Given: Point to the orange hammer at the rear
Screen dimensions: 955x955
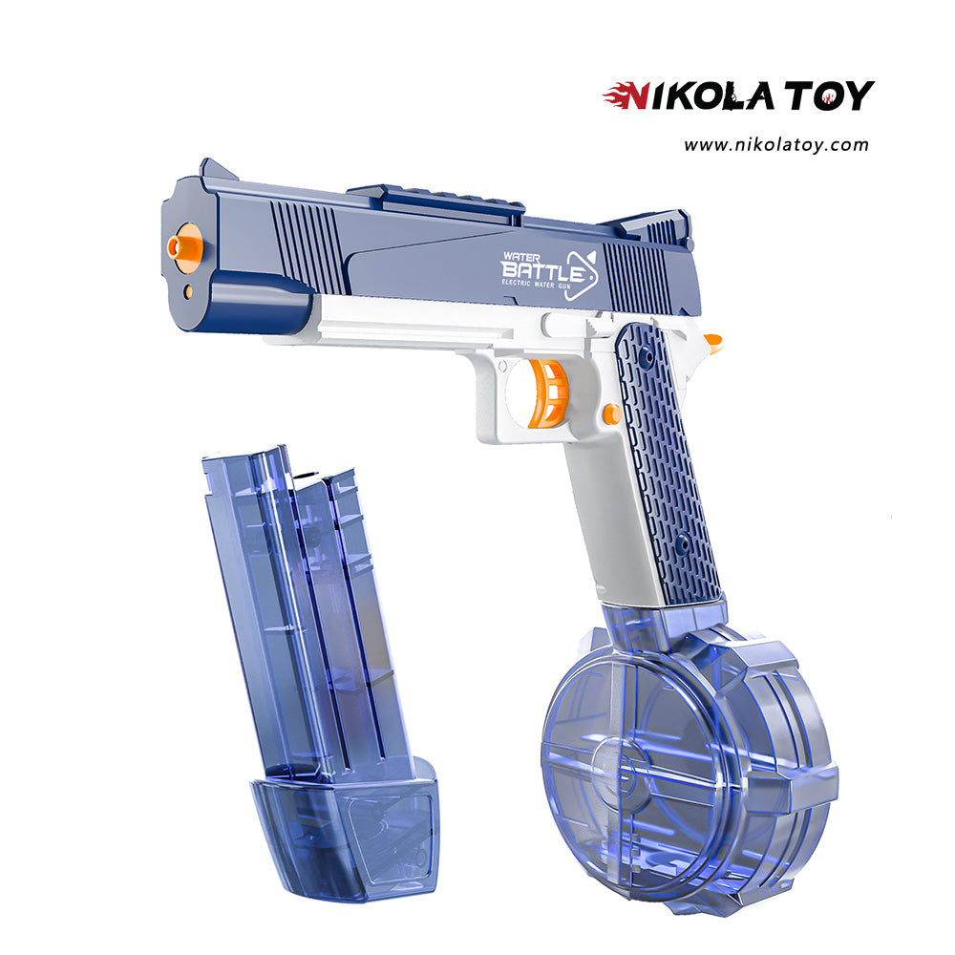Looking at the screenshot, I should click(711, 342).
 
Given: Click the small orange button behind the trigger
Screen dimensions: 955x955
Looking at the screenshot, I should click(611, 414).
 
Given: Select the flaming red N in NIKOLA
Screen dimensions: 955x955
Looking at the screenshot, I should click(629, 96).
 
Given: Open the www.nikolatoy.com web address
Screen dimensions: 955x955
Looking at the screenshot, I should click(775, 145).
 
